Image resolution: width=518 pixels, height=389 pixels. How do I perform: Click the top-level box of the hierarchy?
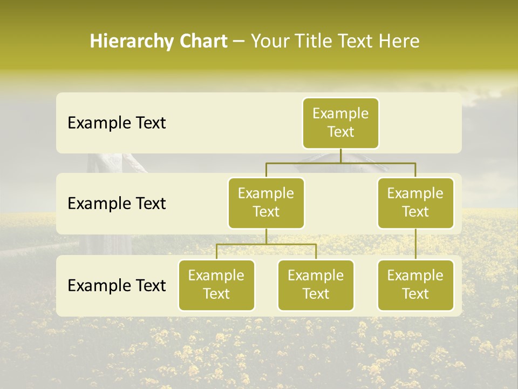pos(340,123)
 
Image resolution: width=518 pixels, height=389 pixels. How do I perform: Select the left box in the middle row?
pos(266,203)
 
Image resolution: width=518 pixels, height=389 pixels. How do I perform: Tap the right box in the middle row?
pos(415,203)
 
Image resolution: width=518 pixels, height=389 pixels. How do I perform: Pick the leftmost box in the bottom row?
pos(216,285)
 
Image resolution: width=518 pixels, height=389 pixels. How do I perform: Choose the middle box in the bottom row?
pos(316,285)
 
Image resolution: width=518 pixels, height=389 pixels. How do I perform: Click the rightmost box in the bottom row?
pos(415,285)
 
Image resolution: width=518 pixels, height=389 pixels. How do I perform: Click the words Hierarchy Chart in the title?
pos(159,41)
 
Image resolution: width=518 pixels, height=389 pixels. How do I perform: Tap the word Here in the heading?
pos(399,41)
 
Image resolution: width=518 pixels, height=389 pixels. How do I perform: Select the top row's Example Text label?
pos(117,123)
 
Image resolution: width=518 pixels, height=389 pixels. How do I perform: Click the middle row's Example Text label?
pos(117,204)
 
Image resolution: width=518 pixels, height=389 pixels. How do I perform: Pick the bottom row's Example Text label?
pos(117,286)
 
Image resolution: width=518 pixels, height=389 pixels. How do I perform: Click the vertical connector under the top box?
pos(340,156)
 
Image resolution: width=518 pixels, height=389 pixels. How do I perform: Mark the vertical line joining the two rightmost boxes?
pos(415,244)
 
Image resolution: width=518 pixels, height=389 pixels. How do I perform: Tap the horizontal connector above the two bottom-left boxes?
pos(266,244)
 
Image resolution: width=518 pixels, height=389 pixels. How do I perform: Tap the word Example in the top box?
pos(340,113)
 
